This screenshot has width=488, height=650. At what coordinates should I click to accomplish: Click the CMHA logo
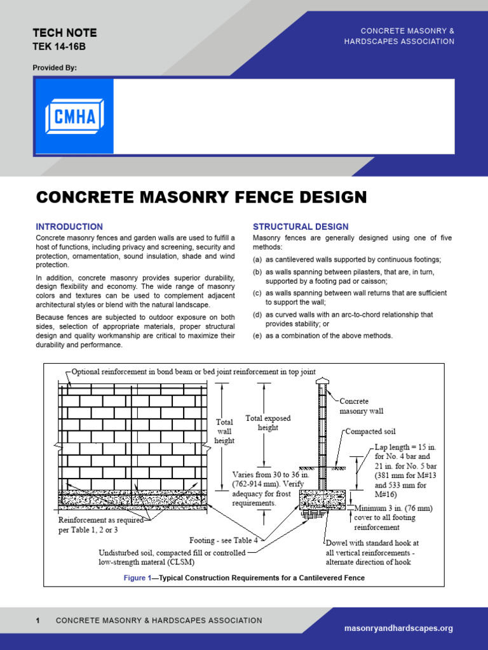(74, 116)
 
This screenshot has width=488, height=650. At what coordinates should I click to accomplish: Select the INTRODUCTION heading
(69, 227)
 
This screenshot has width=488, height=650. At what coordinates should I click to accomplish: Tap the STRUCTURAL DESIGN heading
(301, 227)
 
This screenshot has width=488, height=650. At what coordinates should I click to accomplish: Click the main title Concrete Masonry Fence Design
(201, 197)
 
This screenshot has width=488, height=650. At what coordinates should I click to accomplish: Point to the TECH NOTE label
(64, 33)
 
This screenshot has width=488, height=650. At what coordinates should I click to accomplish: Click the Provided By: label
(54, 67)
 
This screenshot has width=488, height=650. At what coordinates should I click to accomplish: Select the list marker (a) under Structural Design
(257, 260)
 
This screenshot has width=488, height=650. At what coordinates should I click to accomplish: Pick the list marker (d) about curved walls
(257, 314)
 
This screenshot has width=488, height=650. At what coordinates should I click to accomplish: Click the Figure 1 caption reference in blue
(138, 578)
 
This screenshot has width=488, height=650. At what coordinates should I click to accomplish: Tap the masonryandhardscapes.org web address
(398, 628)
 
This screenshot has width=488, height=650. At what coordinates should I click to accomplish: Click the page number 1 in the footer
(38, 620)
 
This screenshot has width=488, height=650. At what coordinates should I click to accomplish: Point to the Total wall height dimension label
(224, 431)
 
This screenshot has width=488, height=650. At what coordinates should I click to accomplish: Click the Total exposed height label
(268, 423)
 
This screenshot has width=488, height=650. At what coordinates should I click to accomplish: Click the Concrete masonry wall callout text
(362, 406)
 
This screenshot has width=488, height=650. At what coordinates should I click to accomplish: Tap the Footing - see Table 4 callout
(224, 541)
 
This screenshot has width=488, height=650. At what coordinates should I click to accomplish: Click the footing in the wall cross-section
(322, 500)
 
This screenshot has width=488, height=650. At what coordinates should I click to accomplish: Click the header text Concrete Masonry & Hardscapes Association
(407, 36)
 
